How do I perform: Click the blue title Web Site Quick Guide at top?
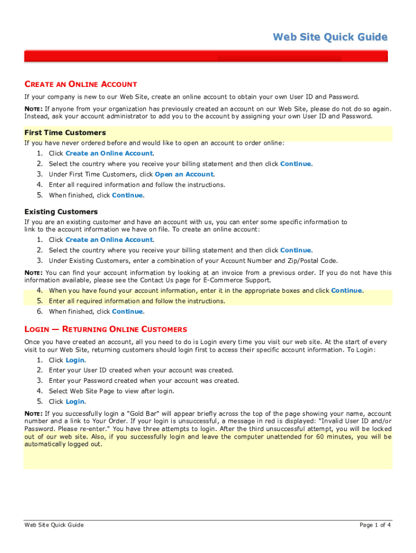point(330,37)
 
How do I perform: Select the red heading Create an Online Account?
point(80,84)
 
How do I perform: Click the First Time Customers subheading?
point(65,132)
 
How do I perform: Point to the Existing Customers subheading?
point(61,212)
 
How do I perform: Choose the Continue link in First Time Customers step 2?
point(296,164)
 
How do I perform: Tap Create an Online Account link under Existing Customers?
point(109,240)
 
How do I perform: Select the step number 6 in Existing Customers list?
point(39,312)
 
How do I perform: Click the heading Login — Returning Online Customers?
point(106,329)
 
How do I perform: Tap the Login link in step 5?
point(75,402)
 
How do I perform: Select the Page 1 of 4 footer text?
point(375,525)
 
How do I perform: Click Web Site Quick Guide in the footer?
point(54,525)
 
